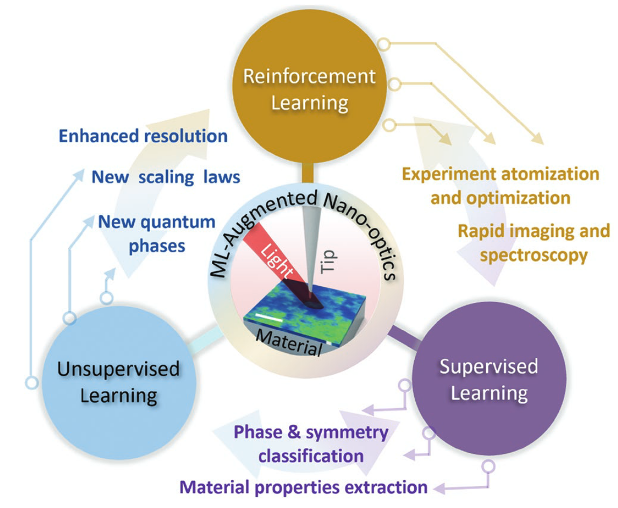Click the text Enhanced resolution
point(143,136)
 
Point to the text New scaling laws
point(166,177)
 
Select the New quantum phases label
point(156,233)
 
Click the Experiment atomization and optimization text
point(500,186)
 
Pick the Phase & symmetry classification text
point(311,444)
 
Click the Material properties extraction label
point(304,487)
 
